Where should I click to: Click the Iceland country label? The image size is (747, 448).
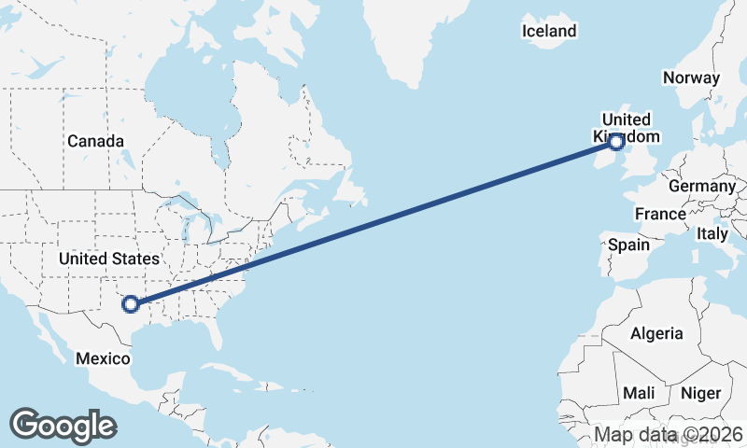coord(549,31)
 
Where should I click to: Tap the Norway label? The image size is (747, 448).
coord(691,78)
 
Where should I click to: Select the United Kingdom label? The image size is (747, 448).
coord(626,128)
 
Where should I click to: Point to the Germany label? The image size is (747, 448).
coord(702,187)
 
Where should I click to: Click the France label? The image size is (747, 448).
coord(660,214)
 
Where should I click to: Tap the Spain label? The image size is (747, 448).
coord(628,245)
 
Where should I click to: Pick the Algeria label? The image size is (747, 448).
coord(656,333)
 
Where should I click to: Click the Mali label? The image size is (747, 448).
coord(639,393)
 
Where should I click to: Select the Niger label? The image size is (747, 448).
coord(700,393)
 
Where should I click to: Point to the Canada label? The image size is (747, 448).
coord(95,141)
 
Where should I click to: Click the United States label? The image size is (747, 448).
coord(108,258)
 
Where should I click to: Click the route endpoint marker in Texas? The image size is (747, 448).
coord(131,303)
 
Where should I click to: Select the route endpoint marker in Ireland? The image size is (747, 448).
coord(616,142)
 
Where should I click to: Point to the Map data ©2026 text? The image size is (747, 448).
coord(669,434)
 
